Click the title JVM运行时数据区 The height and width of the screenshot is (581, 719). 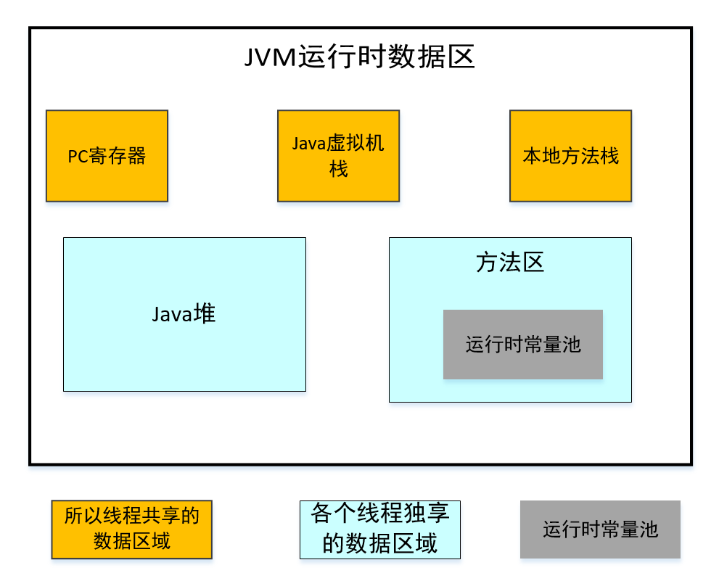click(x=359, y=56)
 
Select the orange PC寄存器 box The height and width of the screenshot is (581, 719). click(x=107, y=156)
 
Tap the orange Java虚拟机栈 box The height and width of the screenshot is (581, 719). click(x=338, y=156)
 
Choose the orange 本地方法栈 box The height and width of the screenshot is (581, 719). click(x=570, y=156)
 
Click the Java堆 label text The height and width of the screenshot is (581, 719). click(x=184, y=314)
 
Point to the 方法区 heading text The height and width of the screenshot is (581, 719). click(x=510, y=263)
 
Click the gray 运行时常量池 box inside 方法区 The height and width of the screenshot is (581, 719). click(x=523, y=345)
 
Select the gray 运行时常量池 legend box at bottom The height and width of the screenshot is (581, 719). click(x=600, y=530)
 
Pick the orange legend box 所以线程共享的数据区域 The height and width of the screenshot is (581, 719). click(x=131, y=530)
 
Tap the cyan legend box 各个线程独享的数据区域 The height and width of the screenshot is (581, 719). click(x=379, y=530)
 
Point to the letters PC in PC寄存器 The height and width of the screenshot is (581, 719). click(x=78, y=157)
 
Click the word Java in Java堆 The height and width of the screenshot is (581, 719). click(x=173, y=315)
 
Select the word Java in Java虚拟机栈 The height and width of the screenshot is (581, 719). click(x=307, y=144)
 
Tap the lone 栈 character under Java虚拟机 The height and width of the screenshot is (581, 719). click(x=338, y=170)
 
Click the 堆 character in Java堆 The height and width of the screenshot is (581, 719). click(x=205, y=314)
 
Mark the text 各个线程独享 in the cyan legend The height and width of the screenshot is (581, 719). click(x=379, y=514)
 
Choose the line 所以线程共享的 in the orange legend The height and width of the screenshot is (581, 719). click(x=131, y=516)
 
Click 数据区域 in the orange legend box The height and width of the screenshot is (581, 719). click(x=131, y=541)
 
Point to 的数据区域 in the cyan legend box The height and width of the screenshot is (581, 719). click(x=379, y=543)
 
